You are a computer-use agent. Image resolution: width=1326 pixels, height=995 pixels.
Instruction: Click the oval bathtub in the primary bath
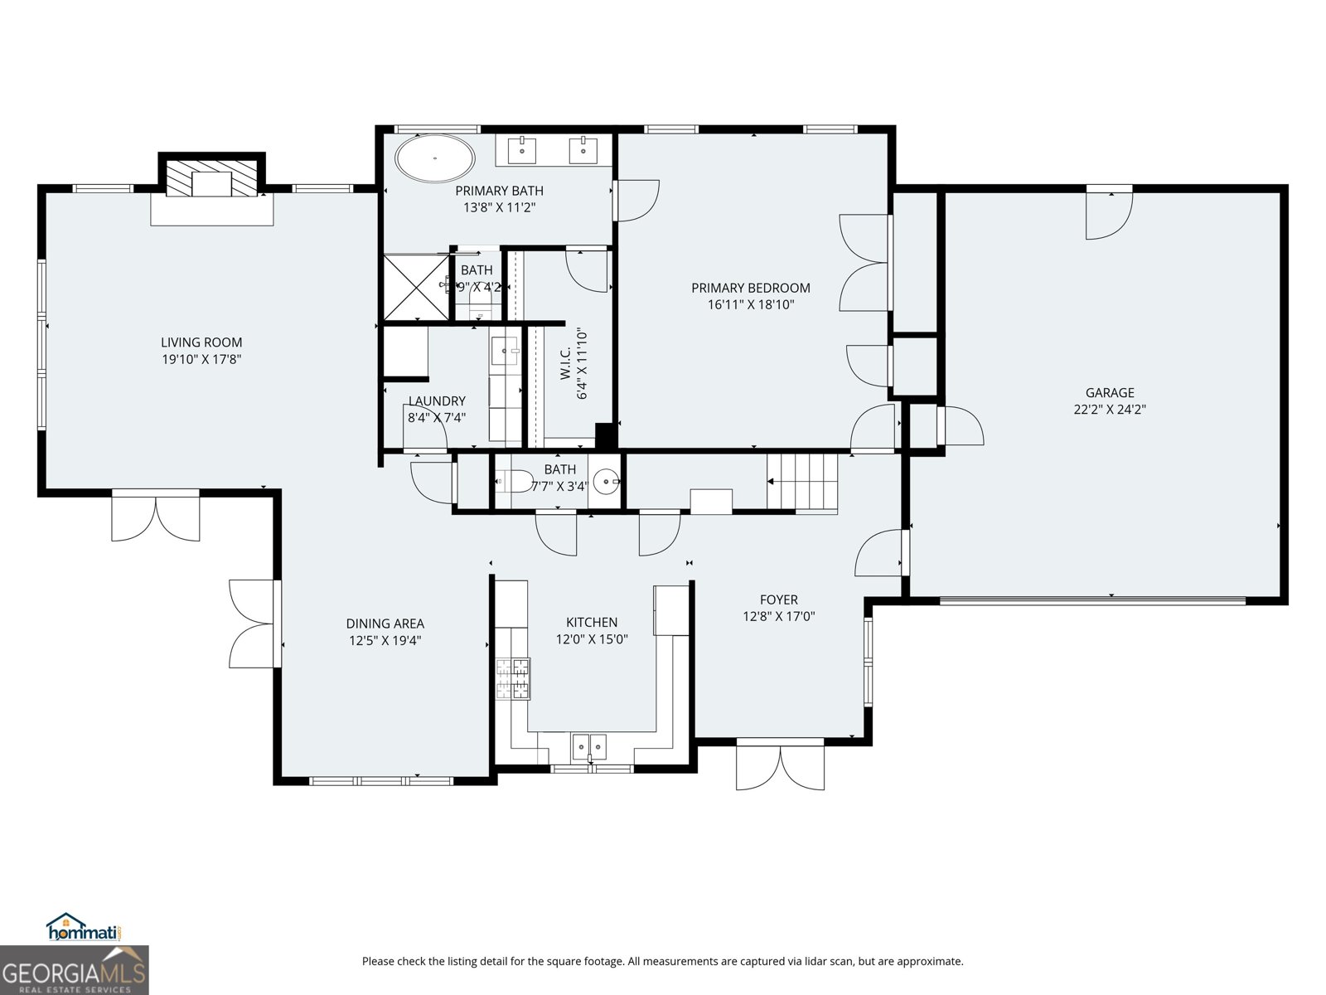(435, 158)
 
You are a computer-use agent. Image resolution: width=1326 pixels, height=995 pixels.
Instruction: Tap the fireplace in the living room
(211, 179)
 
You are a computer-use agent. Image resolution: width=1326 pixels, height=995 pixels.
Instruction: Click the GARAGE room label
(1110, 392)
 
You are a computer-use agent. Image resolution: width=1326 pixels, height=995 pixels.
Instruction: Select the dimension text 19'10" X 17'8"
(201, 359)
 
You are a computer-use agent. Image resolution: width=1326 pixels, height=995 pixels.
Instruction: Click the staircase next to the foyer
(802, 482)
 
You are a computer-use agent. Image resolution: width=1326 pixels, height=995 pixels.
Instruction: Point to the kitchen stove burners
(513, 679)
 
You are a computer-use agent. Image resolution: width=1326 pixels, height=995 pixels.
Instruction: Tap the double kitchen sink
(588, 745)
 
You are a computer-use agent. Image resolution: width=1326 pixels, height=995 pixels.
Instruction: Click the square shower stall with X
(414, 287)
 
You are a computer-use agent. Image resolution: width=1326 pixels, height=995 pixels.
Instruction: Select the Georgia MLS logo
(74, 970)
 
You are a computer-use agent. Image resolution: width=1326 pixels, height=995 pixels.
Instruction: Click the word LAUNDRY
(437, 401)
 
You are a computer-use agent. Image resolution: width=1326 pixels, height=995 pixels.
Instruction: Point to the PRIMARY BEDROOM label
(751, 288)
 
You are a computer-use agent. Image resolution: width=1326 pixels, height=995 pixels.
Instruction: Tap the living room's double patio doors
(156, 516)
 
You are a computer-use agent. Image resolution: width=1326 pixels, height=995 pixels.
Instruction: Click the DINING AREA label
(385, 624)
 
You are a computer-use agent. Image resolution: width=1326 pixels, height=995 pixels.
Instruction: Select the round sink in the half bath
(607, 481)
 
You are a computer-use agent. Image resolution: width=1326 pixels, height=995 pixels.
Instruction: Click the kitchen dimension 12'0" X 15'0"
(592, 639)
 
